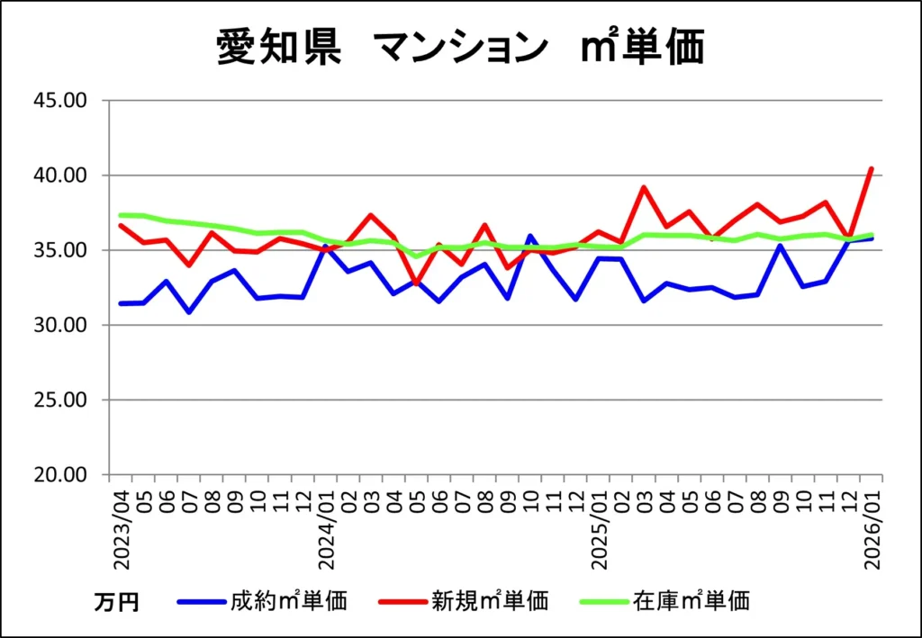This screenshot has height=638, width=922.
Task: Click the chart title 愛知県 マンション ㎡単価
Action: (x=460, y=48)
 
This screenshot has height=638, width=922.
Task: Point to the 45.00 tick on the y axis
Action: (x=60, y=100)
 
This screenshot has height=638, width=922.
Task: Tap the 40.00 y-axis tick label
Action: (x=60, y=175)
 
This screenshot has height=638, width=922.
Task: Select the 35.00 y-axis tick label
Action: (x=60, y=250)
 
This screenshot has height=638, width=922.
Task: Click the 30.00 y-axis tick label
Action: (x=60, y=325)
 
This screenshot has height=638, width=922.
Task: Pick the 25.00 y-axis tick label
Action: (x=60, y=400)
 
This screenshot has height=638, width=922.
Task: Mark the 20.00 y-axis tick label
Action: (x=60, y=475)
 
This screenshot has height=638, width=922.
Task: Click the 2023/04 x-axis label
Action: (x=121, y=529)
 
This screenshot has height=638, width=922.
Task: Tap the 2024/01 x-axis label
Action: (x=326, y=529)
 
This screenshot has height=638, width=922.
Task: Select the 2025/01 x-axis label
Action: (x=599, y=529)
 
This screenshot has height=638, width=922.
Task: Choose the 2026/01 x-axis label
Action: (x=872, y=529)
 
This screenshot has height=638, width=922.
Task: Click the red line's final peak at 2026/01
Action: (x=872, y=168)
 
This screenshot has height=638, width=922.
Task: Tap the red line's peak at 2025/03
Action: (x=645, y=187)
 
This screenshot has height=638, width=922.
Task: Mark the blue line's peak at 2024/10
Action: (x=530, y=236)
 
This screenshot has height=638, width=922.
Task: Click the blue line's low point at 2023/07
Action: (x=189, y=312)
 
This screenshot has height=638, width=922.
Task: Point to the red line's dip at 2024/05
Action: (x=417, y=283)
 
